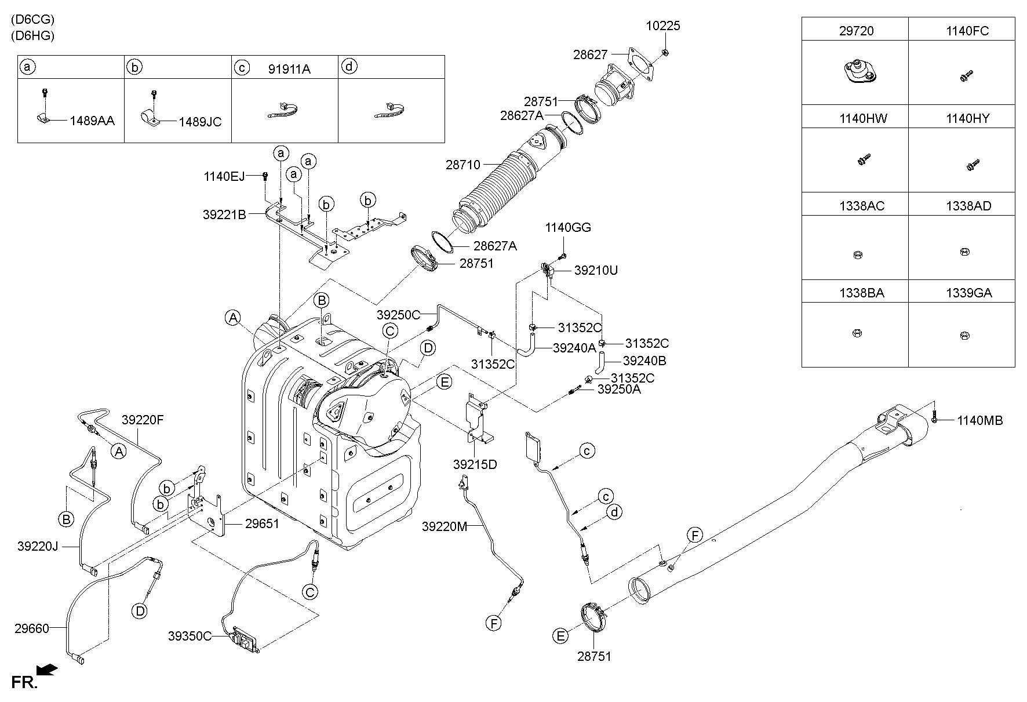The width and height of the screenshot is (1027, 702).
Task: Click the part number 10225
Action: (664, 26)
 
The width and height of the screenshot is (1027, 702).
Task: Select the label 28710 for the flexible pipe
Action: (463, 165)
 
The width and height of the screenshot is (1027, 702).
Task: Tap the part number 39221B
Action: (224, 214)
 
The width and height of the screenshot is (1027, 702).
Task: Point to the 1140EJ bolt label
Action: (224, 176)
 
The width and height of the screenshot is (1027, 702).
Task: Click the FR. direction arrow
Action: (47, 670)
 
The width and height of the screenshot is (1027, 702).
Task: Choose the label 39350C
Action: (190, 636)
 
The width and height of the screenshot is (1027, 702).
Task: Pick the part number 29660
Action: (32, 628)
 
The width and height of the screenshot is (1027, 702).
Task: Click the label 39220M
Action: (445, 526)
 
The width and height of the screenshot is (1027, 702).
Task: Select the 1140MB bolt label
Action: (979, 421)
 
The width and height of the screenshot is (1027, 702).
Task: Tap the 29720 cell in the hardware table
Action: (856, 31)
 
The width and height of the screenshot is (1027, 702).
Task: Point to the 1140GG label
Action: (568, 228)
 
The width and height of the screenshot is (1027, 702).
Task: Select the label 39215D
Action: (475, 464)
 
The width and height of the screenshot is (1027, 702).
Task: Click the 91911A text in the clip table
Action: (289, 69)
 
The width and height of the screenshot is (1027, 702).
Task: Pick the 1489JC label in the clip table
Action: (200, 122)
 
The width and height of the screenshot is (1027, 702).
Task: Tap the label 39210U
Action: (596, 270)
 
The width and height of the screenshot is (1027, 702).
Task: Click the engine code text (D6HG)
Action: (32, 35)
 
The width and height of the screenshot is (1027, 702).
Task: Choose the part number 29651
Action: (262, 524)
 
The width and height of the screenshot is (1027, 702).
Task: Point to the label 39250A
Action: (619, 390)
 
